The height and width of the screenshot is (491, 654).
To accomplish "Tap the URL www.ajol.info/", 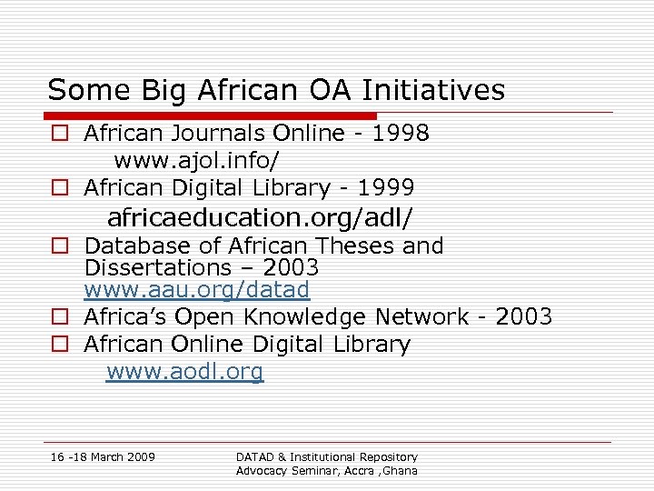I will pyautogui.click(x=196, y=161).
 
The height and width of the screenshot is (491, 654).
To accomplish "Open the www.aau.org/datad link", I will pyautogui.click(x=197, y=290).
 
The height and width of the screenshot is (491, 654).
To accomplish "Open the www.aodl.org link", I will pyautogui.click(x=185, y=372).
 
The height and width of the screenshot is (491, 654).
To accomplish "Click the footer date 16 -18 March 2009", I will pyautogui.click(x=103, y=456).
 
